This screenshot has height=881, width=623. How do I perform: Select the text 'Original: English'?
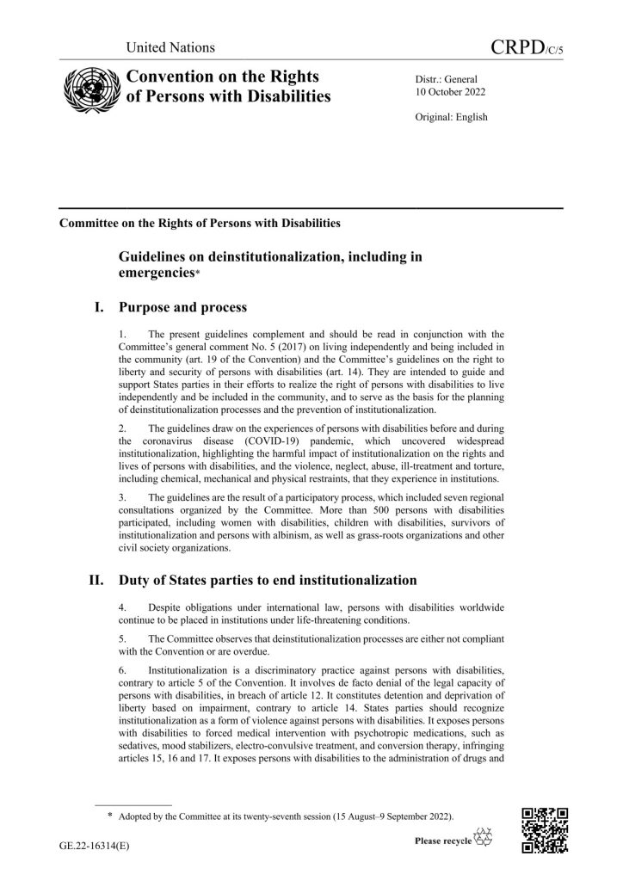pos(452,116)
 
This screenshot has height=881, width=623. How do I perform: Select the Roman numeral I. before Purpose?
pos(102,305)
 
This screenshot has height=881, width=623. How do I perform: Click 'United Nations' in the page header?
pos(170,47)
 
